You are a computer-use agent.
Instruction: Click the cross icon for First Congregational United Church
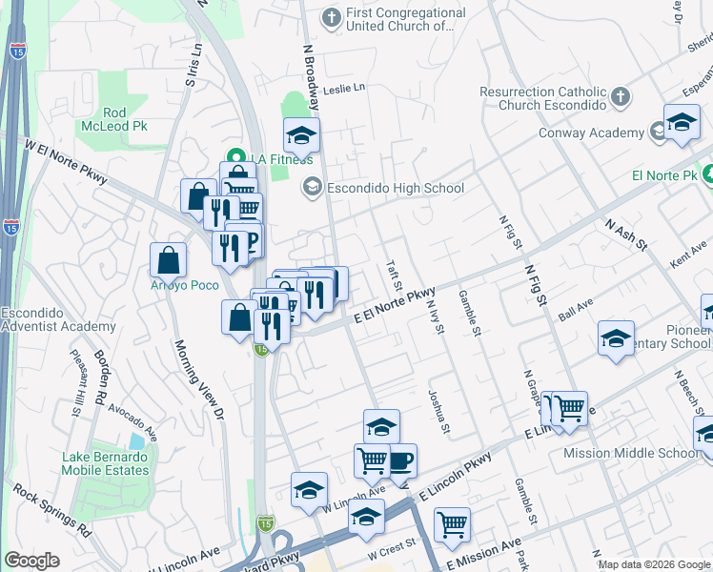[331, 17]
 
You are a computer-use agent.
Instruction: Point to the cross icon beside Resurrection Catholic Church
[621, 96]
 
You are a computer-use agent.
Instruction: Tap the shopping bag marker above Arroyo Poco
[168, 260]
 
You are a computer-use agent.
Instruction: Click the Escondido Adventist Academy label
[58, 319]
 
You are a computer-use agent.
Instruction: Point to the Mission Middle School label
[644, 454]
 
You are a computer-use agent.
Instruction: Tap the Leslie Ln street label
[344, 89]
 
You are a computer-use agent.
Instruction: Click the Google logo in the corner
[32, 560]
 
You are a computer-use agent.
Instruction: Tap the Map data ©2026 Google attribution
[652, 564]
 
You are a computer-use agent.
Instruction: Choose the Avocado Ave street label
[131, 420]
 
